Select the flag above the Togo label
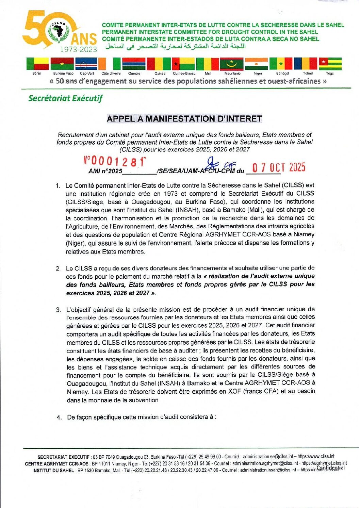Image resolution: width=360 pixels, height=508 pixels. click(x=330, y=64)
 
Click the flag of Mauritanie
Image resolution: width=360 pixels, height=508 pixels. click(x=232, y=64)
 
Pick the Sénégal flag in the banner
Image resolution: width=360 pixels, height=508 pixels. click(x=281, y=64)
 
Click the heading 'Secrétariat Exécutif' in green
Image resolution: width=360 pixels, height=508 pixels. click(x=65, y=98)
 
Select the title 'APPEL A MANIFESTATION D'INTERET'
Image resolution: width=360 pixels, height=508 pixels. click(x=184, y=119)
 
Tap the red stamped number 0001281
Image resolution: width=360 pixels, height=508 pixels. click(x=115, y=162)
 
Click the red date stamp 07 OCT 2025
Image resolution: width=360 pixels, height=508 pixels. click(x=278, y=167)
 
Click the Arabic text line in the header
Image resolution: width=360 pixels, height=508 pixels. click(x=175, y=46)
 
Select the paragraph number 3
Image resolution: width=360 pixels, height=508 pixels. click(x=59, y=310)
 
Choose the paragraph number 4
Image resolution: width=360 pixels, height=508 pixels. click(x=59, y=417)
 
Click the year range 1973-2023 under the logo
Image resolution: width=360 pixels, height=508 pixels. click(x=79, y=49)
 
